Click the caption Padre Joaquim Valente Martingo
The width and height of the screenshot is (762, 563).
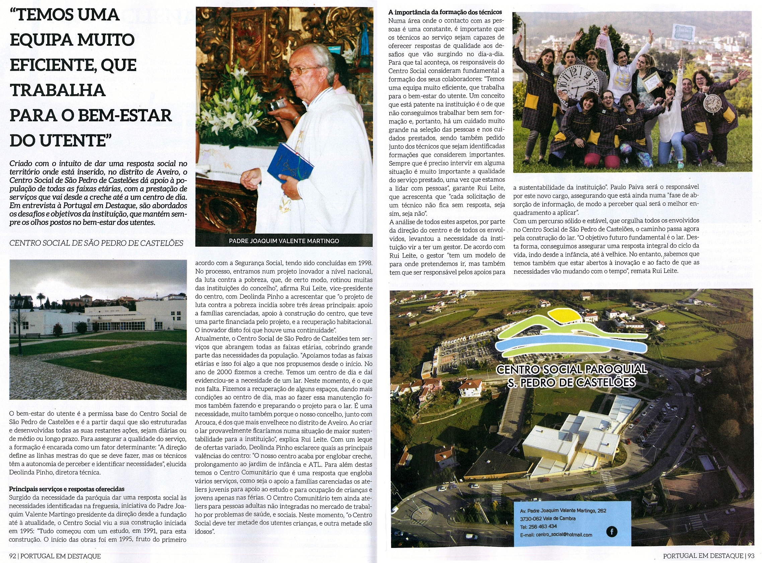[284, 241]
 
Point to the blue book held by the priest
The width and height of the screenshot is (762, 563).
[290, 163]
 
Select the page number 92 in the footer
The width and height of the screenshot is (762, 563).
[13, 556]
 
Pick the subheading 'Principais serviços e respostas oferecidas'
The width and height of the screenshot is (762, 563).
[67, 489]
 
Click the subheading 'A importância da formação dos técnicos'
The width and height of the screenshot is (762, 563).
[445, 12]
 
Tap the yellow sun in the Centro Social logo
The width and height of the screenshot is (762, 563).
[567, 315]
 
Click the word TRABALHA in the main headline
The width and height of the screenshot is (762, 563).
[58, 90]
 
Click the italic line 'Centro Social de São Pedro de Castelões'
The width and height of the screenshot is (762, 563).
[96, 243]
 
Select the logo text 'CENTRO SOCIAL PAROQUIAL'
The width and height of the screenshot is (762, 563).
[572, 369]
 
